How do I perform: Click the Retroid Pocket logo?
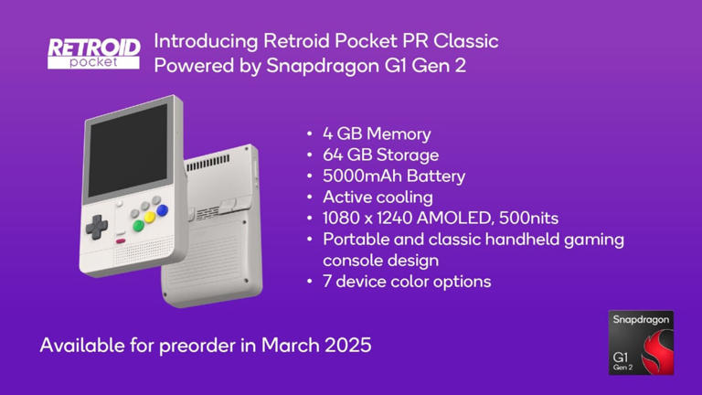tap(93, 53)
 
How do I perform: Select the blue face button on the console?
tap(163, 209)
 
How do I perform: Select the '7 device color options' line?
tap(407, 282)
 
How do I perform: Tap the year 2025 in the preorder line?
tap(349, 347)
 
